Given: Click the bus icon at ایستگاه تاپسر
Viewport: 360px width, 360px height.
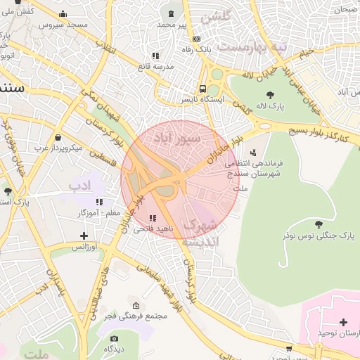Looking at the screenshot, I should click(x=202, y=89).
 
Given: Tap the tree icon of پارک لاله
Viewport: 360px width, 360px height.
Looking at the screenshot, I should click(x=270, y=95).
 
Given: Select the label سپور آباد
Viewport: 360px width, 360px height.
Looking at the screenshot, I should click(x=181, y=139).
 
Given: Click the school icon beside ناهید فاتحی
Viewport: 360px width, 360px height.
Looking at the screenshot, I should click(x=153, y=218).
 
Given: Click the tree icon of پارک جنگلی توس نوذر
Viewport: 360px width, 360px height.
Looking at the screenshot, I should click(x=319, y=224).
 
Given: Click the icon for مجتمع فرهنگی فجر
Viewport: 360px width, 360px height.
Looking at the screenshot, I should click(x=136, y=305).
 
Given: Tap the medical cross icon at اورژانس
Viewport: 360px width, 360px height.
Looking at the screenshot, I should click(x=84, y=236).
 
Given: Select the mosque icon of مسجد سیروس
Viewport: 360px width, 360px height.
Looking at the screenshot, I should click(x=63, y=13).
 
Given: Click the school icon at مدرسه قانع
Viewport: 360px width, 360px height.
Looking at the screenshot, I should click(x=155, y=55).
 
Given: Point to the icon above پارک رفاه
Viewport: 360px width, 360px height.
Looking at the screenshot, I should click(x=196, y=39).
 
